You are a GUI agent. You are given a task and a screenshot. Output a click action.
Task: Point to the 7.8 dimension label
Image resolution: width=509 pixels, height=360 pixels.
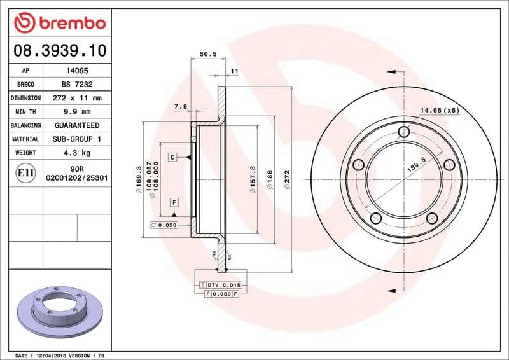point(181,107)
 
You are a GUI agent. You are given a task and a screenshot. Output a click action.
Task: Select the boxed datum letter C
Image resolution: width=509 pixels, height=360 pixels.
point(172,156)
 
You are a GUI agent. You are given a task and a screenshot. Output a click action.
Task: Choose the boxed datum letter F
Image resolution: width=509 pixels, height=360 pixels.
point(172,202)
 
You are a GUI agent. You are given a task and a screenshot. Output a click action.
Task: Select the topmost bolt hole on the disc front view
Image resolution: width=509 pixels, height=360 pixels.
point(403,132)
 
